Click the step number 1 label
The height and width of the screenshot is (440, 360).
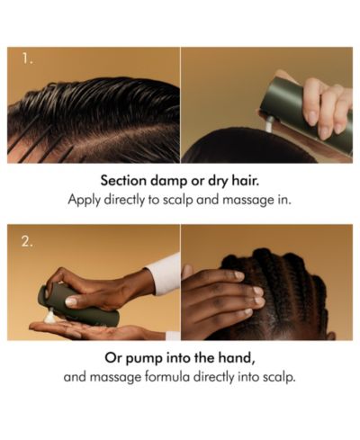coord(27,59)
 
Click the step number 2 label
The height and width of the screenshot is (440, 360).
coord(27,242)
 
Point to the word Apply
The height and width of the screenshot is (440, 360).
coord(84,200)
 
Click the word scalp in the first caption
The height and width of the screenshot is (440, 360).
coord(177,200)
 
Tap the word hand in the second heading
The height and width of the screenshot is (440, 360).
coord(239,358)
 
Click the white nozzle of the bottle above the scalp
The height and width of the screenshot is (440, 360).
coord(269,123)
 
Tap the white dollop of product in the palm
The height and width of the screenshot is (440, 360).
coord(51,317)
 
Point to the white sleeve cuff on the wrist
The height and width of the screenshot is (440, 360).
coord(165,273)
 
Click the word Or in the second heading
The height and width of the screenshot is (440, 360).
coord(113,358)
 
